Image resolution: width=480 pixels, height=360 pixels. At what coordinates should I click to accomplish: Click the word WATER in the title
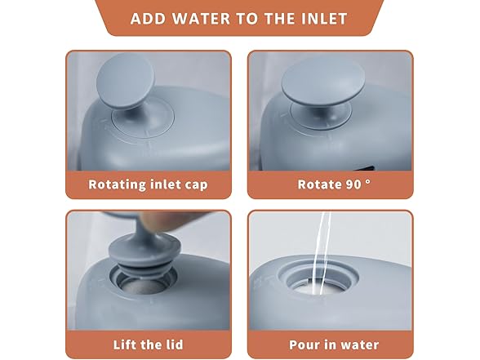(x=201, y=19)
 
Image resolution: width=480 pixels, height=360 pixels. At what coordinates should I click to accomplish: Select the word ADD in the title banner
(x=149, y=19)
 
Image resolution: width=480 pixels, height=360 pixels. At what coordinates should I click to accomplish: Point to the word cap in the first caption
(x=197, y=185)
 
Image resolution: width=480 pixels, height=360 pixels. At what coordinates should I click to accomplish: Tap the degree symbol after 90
(x=368, y=181)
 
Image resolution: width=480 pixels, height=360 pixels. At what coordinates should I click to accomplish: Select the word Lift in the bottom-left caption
(x=122, y=344)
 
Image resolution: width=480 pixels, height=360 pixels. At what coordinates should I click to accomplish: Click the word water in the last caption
(x=360, y=345)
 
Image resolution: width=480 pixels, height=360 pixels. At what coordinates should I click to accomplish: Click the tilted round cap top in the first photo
(x=126, y=80)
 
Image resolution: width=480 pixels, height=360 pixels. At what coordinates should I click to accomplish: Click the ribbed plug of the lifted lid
(x=144, y=257)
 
